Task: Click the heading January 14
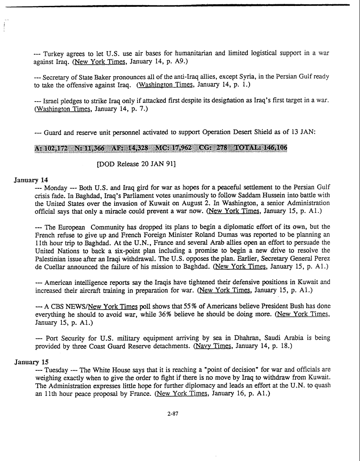coord(31,179)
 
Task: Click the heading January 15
coord(31,362)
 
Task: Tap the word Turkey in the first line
coord(55,53)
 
